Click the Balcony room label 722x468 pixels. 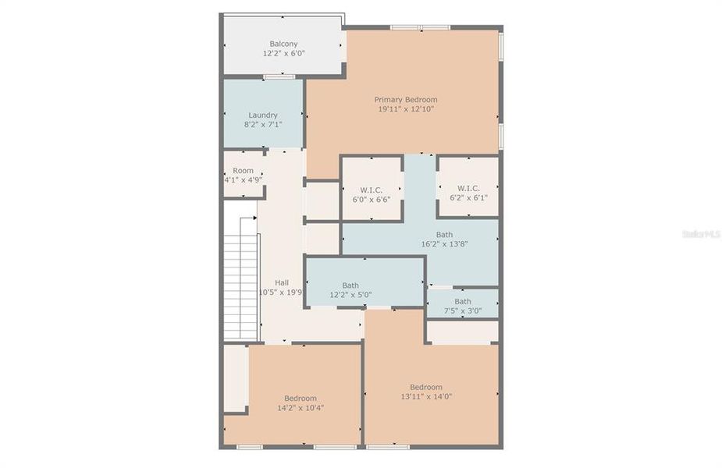283,44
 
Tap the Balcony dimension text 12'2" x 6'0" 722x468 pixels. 283,55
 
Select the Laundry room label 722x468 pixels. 263,115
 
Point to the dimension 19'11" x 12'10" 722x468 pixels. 405,109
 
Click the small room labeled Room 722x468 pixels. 243,170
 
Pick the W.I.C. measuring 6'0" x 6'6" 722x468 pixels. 372,189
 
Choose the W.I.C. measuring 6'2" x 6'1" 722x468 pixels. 468,188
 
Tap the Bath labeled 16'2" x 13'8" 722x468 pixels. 444,235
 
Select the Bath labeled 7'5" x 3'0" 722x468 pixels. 463,301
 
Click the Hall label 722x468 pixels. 282,282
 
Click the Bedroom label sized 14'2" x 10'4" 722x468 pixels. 301,398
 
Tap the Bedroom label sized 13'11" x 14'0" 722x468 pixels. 426,387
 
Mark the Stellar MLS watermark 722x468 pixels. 700,233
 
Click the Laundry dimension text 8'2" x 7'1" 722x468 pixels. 263,125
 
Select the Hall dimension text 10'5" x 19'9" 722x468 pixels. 280,293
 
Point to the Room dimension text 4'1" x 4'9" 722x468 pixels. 243,180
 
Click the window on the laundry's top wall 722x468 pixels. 279,76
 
